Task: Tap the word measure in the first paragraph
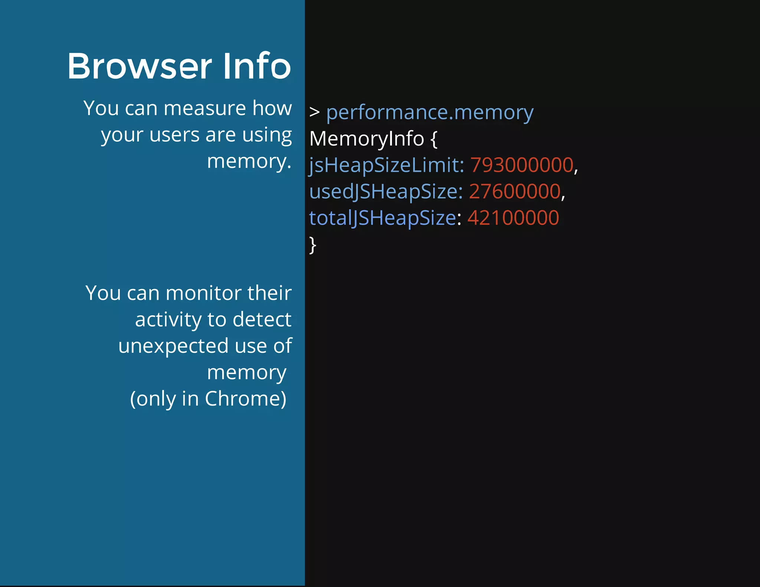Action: [x=204, y=108]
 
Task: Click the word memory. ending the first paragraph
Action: [x=249, y=162]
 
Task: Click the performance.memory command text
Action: [x=430, y=113]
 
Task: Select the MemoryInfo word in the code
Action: [x=366, y=139]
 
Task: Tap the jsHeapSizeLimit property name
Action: [x=386, y=165]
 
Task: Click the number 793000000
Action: [x=522, y=165]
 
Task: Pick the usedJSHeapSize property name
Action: [x=386, y=192]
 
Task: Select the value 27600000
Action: [x=515, y=192]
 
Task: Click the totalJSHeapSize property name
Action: [x=382, y=218]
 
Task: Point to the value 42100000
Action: [x=513, y=218]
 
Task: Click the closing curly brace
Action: [x=313, y=245]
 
